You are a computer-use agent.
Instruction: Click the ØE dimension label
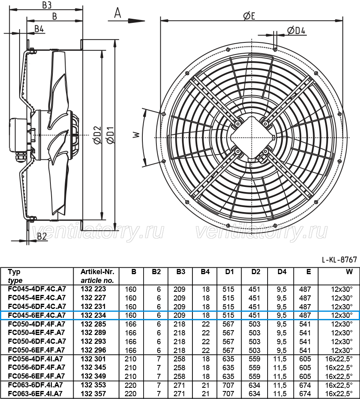pyautogui.click(x=249, y=16)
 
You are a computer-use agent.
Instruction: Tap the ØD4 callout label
pyautogui.click(x=296, y=30)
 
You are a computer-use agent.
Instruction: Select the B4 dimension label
pyautogui.click(x=39, y=29)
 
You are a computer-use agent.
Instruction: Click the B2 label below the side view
pyautogui.click(x=42, y=237)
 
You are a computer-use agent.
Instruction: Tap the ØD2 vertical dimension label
pyautogui.click(x=98, y=135)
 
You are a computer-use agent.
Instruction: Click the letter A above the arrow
pyautogui.click(x=118, y=13)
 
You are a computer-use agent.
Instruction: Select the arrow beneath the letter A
pyautogui.click(x=126, y=21)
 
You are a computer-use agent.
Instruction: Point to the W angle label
pyautogui.click(x=137, y=134)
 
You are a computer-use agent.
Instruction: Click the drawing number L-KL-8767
pyautogui.click(x=339, y=260)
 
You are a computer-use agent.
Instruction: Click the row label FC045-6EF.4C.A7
pyautogui.click(x=37, y=315)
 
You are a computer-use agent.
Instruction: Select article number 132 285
pyautogui.click(x=93, y=324)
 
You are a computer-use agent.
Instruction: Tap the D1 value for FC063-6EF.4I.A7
pyautogui.click(x=228, y=394)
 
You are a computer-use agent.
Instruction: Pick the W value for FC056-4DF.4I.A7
pyautogui.click(x=339, y=359)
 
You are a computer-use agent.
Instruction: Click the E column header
pyautogui.click(x=308, y=272)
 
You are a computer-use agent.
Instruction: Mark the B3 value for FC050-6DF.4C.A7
pyautogui.click(x=179, y=341)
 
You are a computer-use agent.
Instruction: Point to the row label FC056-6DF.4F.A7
pyautogui.click(x=37, y=367)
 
